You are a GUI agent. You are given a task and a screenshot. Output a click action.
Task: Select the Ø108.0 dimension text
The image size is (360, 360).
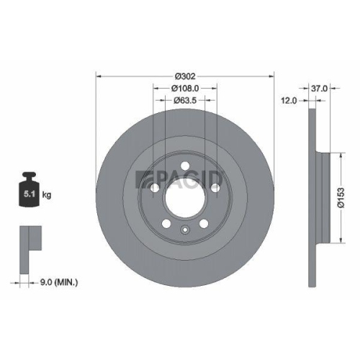tap(185, 88)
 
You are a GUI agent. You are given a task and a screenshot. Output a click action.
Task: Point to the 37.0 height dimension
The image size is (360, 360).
tap(320, 88)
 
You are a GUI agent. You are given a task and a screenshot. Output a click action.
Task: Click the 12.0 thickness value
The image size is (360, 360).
tap(289, 101)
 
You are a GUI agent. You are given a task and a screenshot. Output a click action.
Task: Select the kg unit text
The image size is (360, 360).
tap(46, 194)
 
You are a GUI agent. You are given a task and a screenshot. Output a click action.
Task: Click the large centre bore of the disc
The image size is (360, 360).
tap(185, 194)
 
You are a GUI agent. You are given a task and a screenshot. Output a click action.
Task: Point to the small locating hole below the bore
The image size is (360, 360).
tap(185, 230)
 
